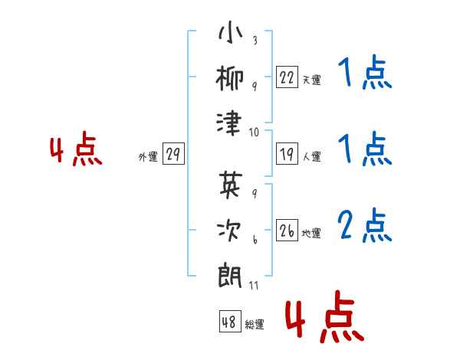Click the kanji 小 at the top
click(x=231, y=32)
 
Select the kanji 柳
click(x=230, y=77)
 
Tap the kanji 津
click(x=229, y=123)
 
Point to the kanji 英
click(x=231, y=184)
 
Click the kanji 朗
click(x=230, y=276)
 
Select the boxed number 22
click(x=287, y=77)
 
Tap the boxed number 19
click(x=287, y=154)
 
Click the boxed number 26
click(x=287, y=230)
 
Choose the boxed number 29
click(x=173, y=154)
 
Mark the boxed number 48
click(x=230, y=321)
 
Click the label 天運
click(x=312, y=80)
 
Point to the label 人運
click(x=312, y=156)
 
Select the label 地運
click(x=311, y=234)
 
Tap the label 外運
click(x=148, y=157)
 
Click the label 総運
click(x=255, y=324)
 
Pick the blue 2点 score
click(x=364, y=226)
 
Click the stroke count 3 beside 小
click(x=255, y=40)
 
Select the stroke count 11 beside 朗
click(x=254, y=285)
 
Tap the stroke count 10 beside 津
click(x=254, y=133)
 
